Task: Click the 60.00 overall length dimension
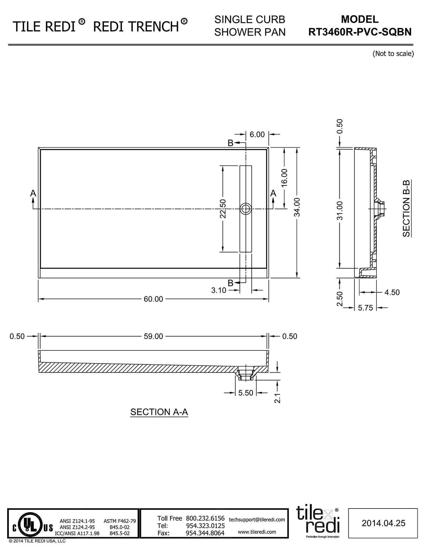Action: tap(153, 299)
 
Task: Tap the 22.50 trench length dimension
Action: tap(223, 209)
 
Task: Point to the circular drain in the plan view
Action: tap(245, 209)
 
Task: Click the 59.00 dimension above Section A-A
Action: tap(153, 336)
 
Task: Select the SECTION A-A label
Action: tap(159, 412)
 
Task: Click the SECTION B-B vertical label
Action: tap(407, 209)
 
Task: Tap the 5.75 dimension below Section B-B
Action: tap(365, 308)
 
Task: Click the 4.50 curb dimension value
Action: tap(392, 292)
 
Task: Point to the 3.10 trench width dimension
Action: tap(219, 290)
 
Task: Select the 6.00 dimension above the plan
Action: tap(257, 134)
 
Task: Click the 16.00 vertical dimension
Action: tap(284, 178)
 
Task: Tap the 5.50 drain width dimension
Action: tap(246, 393)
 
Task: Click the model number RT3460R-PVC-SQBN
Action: tap(360, 32)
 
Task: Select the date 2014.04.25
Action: tap(383, 523)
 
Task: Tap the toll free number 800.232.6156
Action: tap(205, 518)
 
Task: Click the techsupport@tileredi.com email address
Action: tap(257, 519)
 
